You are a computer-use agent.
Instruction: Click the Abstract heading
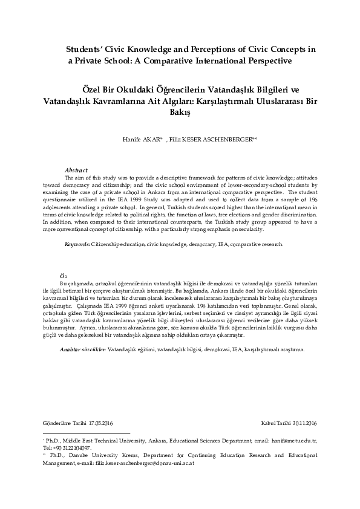pos(76,171)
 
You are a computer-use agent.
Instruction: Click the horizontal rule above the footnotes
pos(79,433)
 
